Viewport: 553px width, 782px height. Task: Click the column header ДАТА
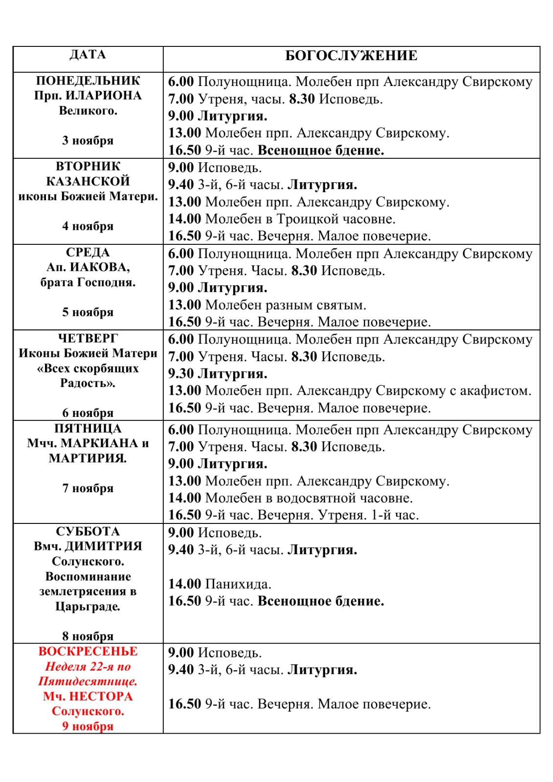88,54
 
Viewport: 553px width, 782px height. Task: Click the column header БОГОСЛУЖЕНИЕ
351,56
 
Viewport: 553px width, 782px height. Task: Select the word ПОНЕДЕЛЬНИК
88,81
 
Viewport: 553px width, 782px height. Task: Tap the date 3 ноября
88,141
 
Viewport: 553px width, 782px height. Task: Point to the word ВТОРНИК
88,166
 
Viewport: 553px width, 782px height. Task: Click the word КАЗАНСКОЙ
88,181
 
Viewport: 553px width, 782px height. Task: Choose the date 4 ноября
88,226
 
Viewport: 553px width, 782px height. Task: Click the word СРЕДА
88,252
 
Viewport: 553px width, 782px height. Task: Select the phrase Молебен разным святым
286,305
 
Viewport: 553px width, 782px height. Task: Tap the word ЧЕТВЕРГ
88,338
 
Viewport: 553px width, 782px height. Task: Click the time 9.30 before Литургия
181,374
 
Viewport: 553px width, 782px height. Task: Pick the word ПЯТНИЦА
88,429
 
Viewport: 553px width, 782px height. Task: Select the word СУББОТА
88,531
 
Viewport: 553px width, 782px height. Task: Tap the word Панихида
238,584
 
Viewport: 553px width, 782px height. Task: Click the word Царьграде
88,607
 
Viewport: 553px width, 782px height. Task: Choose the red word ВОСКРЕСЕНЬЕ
88,652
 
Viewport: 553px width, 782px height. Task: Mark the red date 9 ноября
88,726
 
